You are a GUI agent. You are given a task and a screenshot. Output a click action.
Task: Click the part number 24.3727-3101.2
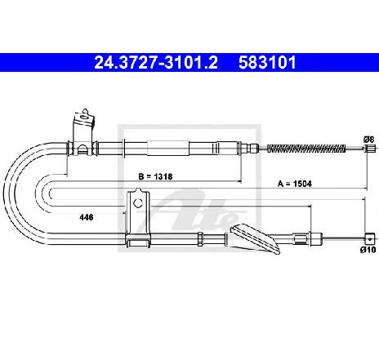pos(156,63)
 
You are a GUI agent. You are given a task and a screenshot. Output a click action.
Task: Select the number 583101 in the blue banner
pos(267,63)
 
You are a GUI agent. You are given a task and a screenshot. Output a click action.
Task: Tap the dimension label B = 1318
pos(155,176)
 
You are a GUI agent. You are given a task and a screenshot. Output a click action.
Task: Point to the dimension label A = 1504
pos(295,184)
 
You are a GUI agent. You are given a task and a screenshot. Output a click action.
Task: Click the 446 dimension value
pos(87,217)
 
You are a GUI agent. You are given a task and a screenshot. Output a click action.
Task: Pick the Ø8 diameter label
pos(368,140)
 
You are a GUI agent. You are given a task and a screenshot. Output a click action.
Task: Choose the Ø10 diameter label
pos(368,250)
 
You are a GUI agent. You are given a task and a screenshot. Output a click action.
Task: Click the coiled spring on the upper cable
pos(306,149)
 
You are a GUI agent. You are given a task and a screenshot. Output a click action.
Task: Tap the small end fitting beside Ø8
pos(370,149)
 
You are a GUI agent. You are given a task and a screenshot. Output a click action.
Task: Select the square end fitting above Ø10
pos(369,239)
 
